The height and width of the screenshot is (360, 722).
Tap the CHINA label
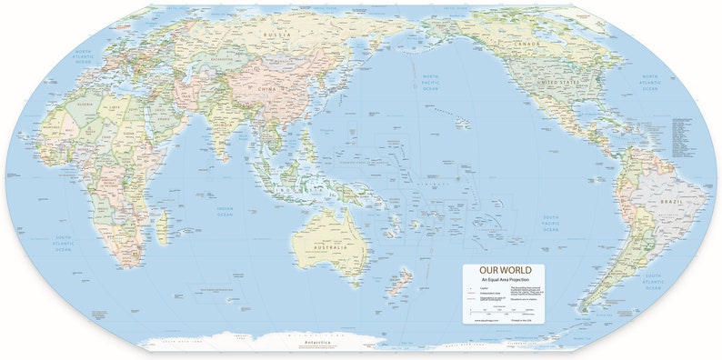click(266, 91)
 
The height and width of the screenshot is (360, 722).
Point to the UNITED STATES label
click(560, 84)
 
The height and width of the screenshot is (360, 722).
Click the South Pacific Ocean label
click(550, 224)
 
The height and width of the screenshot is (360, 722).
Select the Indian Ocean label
click(225, 211)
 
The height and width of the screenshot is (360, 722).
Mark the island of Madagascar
click(161, 225)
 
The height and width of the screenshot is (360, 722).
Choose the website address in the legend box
click(483, 320)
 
